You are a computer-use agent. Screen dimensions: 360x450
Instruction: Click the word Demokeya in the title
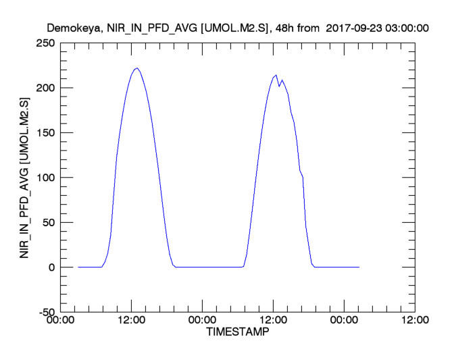tap(75, 28)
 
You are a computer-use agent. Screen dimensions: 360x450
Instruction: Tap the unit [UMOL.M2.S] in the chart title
tap(234, 28)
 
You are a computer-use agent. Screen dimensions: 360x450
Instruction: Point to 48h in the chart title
tap(286, 28)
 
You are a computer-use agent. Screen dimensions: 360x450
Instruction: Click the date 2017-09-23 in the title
tap(352, 28)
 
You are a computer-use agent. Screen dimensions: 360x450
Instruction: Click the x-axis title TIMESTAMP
tap(236, 333)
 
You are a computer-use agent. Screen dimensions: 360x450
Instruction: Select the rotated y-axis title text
tap(25, 178)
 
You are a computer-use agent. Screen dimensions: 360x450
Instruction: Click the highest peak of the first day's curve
tap(136, 68)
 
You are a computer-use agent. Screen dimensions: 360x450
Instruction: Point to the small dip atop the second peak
tap(279, 86)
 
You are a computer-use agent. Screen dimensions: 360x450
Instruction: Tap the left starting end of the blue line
tap(78, 267)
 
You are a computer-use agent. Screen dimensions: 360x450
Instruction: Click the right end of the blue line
tap(359, 267)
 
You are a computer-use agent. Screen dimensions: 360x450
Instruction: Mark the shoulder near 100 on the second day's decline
tap(301, 175)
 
